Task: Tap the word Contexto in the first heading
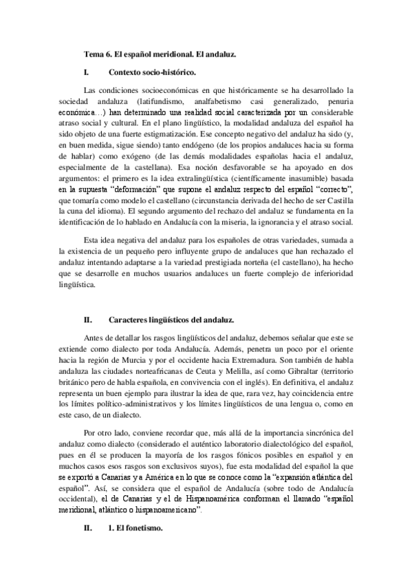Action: pyautogui.click(x=127, y=72)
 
